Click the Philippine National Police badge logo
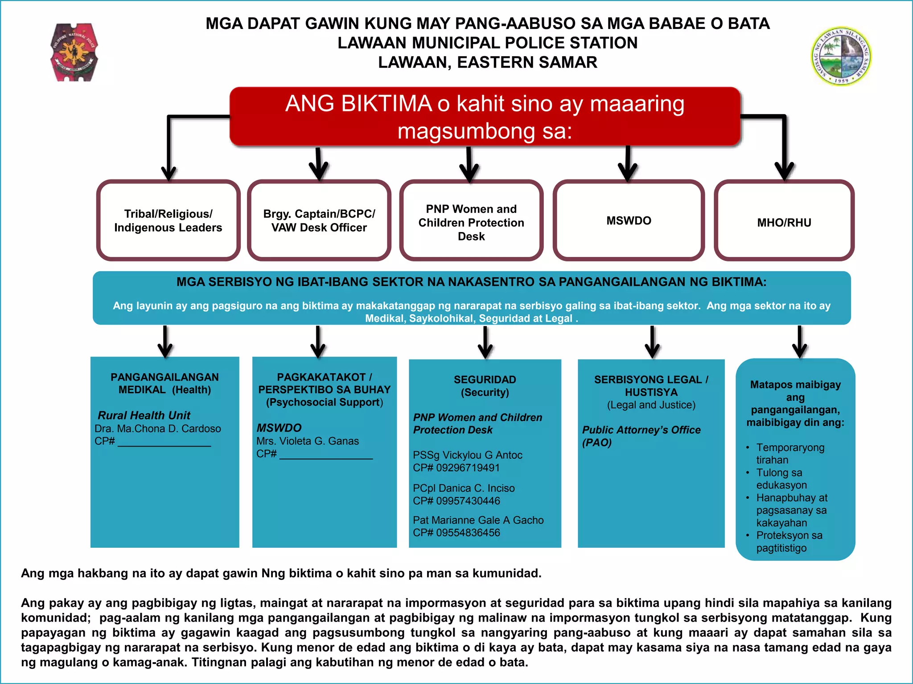[x=74, y=53]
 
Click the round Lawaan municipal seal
[x=841, y=56]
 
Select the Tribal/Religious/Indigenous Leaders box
[x=168, y=220]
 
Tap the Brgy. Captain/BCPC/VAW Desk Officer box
[x=319, y=220]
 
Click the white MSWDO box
[x=629, y=220]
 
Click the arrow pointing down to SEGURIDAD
[x=485, y=343]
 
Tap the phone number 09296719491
[x=468, y=468]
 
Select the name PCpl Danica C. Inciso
[x=464, y=488]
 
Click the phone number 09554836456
[x=468, y=533]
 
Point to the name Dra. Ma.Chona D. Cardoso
[x=158, y=428]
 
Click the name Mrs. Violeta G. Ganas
[x=308, y=441]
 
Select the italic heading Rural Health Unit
[x=144, y=415]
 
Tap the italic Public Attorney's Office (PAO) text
[x=641, y=436]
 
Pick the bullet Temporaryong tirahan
[x=790, y=453]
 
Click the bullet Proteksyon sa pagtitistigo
[x=789, y=541]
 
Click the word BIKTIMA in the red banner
[x=387, y=104]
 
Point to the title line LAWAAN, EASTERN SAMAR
[x=488, y=62]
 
